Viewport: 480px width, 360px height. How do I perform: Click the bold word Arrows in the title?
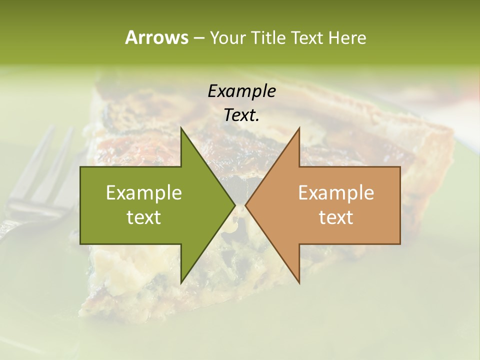click(x=156, y=37)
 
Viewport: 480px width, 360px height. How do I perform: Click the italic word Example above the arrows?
click(x=241, y=91)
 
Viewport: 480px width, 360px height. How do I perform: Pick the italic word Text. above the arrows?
click(x=241, y=115)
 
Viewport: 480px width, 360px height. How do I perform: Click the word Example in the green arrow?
click(x=144, y=192)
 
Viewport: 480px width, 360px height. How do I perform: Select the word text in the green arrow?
click(x=144, y=217)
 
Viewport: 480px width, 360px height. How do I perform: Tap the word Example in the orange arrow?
click(x=336, y=192)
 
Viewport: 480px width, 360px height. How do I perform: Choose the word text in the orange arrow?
click(x=336, y=217)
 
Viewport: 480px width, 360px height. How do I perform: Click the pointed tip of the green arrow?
click(x=234, y=205)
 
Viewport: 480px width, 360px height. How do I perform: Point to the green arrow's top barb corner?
click(x=181, y=128)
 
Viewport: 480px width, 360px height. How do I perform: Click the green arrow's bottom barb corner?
click(x=181, y=283)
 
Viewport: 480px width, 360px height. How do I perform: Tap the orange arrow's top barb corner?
click(x=299, y=128)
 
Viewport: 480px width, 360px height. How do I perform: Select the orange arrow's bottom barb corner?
click(x=299, y=283)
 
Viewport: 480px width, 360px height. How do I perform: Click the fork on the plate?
click(x=35, y=190)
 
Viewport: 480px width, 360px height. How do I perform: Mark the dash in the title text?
click(x=198, y=38)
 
